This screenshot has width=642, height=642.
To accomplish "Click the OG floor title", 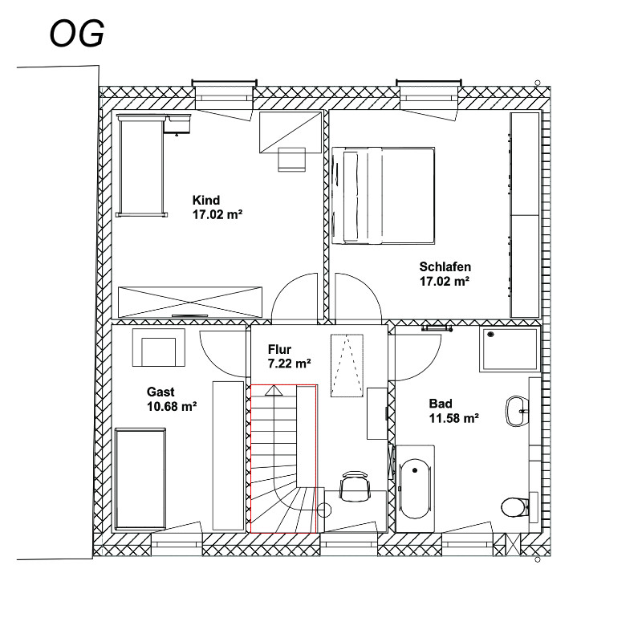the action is (76, 34).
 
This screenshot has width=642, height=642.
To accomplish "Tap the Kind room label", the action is (206, 200).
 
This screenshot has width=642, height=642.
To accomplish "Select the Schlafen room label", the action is (445, 267).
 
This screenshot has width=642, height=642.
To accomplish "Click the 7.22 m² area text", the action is (289, 364).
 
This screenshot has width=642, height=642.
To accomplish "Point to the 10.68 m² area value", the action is (172, 407).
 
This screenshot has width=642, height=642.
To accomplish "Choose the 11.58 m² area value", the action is (453, 418).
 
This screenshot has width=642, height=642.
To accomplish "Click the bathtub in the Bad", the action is (415, 490).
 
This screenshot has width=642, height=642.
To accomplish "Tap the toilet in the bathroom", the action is (514, 507).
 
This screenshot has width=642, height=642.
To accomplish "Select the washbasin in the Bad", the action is (518, 411).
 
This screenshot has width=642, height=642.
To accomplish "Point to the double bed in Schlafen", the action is (384, 196).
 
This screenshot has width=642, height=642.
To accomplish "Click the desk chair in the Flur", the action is (355, 486).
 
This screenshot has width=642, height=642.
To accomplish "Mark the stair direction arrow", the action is (274, 391).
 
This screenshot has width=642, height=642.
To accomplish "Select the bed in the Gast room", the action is (140, 478).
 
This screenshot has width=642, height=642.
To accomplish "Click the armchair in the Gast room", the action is (158, 347).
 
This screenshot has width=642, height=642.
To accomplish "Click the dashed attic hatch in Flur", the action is (347, 366).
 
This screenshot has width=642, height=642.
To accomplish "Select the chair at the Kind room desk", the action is (292, 159).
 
